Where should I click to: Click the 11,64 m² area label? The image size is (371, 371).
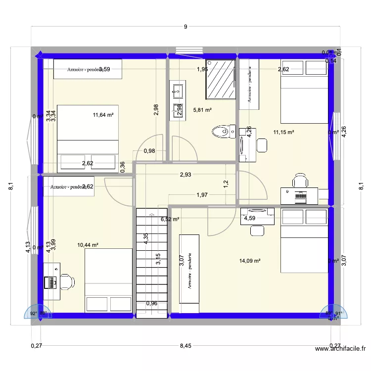click(x=103, y=115)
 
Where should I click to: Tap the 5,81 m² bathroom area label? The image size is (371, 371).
click(x=202, y=110)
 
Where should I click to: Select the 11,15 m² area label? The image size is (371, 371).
click(x=284, y=132)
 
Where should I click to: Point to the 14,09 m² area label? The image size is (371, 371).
click(x=250, y=261)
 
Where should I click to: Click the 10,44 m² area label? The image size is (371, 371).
click(x=88, y=245)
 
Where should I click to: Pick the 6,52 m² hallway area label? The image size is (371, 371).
click(x=170, y=219)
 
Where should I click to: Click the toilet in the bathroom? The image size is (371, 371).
click(x=223, y=132)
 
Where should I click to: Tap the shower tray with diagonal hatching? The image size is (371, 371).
click(x=220, y=80)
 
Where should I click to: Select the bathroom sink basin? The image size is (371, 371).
click(x=177, y=91)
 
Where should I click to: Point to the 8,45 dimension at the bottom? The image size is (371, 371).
click(x=185, y=346)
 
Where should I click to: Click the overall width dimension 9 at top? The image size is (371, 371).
click(x=185, y=27)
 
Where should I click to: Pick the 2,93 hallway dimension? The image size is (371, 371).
click(x=185, y=175)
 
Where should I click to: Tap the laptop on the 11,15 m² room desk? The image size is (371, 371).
click(x=300, y=195)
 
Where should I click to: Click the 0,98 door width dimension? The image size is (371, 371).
click(x=149, y=151)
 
